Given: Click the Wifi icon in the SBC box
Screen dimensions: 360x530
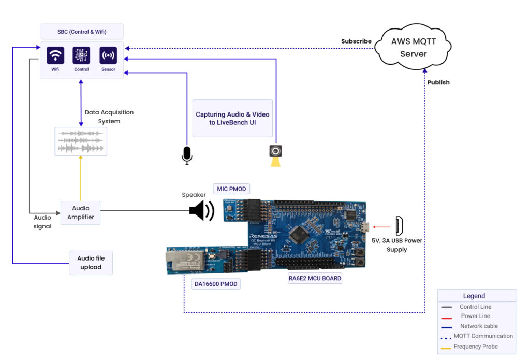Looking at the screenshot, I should pyautogui.click(x=55, y=55).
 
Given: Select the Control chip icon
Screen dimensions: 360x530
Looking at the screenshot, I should pyautogui.click(x=81, y=55).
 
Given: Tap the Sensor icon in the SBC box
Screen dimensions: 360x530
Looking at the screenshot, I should pyautogui.click(x=108, y=55).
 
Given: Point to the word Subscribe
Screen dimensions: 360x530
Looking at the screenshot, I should pyautogui.click(x=356, y=41).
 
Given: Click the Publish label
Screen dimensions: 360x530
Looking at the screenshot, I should pyautogui.click(x=438, y=82).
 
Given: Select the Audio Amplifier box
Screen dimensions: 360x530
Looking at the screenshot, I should pyautogui.click(x=80, y=213).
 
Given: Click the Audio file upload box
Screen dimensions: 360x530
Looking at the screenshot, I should pyautogui.click(x=91, y=263).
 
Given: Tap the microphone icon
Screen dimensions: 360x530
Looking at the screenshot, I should pyautogui.click(x=187, y=155).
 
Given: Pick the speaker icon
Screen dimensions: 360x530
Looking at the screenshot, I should pyautogui.click(x=201, y=210).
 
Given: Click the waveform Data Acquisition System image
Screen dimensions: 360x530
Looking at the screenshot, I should pyautogui.click(x=81, y=141).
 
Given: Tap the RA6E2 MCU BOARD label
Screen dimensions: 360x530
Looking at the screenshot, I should pyautogui.click(x=315, y=278).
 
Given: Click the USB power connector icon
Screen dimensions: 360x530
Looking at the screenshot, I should pyautogui.click(x=399, y=226).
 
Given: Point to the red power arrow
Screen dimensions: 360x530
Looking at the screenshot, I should pyautogui.click(x=382, y=226).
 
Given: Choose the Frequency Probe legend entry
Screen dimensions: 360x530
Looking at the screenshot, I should pyautogui.click(x=475, y=347).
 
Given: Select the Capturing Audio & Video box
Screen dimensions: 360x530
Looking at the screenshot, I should pyautogui.click(x=232, y=118).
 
